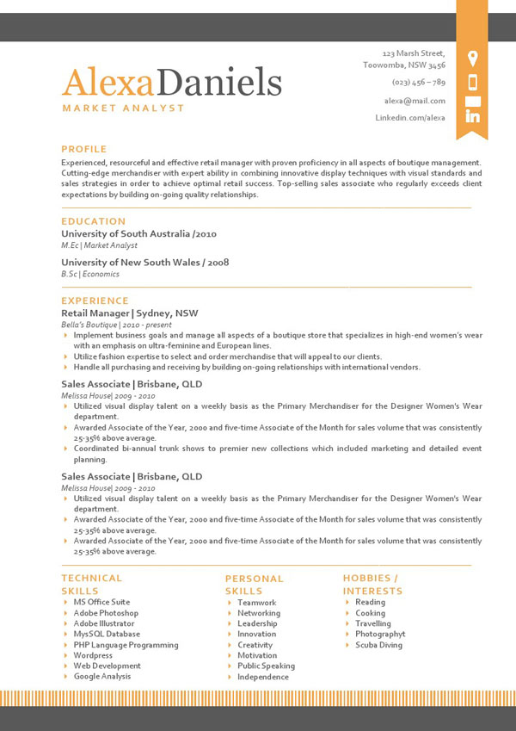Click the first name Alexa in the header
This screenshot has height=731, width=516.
(108, 83)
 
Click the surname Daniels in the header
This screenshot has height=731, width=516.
(221, 83)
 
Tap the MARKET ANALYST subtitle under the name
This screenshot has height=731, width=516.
(123, 108)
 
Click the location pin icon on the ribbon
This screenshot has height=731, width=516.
(472, 59)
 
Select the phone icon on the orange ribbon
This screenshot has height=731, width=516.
(472, 83)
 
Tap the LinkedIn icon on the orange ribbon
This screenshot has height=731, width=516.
(472, 114)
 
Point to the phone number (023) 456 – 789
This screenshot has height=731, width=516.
(418, 83)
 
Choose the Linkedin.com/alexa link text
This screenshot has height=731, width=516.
(410, 117)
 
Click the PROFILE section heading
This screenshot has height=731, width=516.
(84, 149)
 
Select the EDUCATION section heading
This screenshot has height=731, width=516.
(94, 221)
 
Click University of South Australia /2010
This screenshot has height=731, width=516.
(138, 233)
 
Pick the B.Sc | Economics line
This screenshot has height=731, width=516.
(90, 274)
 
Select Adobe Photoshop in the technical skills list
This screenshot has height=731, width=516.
(106, 613)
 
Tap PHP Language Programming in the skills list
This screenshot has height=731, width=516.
(126, 645)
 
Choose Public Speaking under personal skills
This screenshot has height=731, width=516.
(266, 666)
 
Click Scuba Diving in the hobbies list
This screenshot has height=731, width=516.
(378, 645)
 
